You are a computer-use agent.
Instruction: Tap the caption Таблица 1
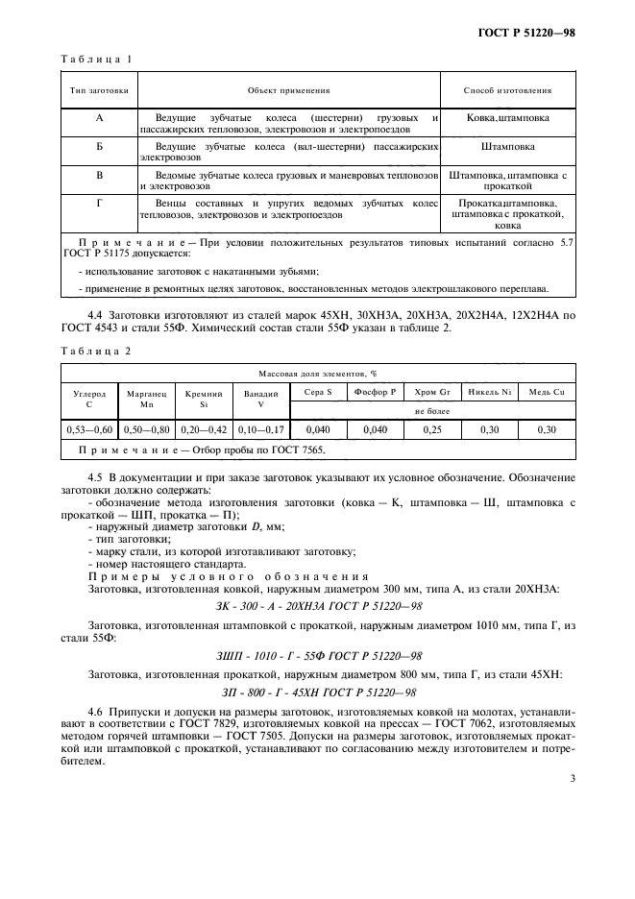point(96,60)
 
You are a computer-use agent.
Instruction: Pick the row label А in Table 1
point(100,117)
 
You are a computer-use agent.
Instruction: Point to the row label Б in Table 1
point(100,147)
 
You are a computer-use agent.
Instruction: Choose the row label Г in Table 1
point(100,203)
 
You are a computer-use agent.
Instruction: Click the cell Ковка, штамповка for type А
point(507,118)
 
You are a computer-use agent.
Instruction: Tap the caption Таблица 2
point(96,351)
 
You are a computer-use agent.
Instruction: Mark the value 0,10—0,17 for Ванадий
point(256,430)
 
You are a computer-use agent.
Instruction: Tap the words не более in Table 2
point(431,411)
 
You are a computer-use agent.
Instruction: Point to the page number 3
point(572,778)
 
